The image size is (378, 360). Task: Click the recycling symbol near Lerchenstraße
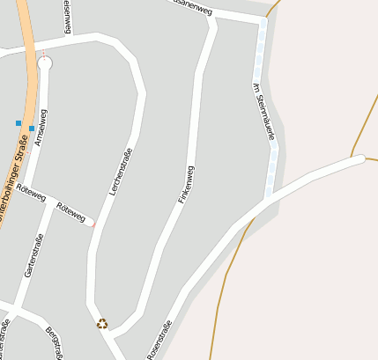click(102, 324)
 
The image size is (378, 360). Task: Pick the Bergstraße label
click(54, 343)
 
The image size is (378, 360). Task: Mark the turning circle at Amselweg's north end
click(45, 62)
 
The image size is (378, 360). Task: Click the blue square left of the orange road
click(18, 123)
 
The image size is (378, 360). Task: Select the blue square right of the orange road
click(32, 129)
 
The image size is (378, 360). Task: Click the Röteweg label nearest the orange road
click(30, 194)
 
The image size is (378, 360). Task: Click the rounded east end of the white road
click(359, 159)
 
